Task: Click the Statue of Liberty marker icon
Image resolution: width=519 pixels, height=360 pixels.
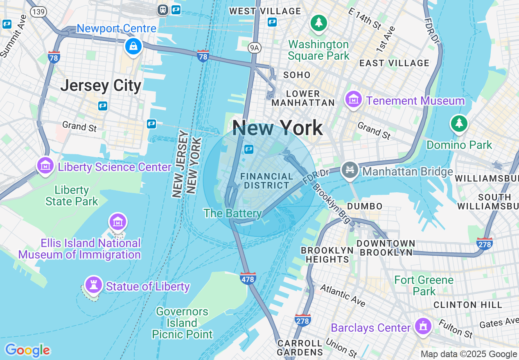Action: [94, 285]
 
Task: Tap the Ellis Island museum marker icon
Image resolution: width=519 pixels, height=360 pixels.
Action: [118, 222]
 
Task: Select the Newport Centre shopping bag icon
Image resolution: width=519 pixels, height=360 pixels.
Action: [133, 46]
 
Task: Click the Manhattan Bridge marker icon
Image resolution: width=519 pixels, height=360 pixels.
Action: [350, 170]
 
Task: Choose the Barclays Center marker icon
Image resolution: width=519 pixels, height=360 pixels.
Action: [424, 326]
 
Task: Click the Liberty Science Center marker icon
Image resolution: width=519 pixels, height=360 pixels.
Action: [45, 166]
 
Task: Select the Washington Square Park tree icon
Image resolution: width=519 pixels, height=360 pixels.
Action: [318, 22]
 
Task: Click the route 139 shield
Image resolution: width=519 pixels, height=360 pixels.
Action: [38, 12]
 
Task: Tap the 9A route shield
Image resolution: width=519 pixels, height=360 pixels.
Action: [254, 48]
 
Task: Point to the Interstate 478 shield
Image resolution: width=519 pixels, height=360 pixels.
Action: [248, 279]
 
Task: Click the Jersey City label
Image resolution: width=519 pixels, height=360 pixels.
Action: [101, 86]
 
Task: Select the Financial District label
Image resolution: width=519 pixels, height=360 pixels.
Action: [266, 181]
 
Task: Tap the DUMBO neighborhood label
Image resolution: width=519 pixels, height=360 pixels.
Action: [365, 206]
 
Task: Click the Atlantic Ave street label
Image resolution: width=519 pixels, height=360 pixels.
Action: [343, 295]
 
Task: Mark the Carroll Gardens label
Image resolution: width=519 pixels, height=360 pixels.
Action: [300, 347]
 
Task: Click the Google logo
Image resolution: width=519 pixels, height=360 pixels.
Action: [27, 350]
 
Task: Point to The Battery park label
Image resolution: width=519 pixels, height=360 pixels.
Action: [232, 213]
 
